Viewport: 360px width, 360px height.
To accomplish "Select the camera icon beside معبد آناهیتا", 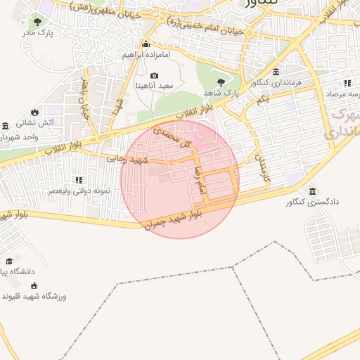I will (x=155, y=75).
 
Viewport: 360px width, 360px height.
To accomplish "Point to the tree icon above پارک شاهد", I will (x=221, y=82).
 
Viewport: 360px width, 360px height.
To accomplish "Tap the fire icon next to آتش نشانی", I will (x=33, y=112).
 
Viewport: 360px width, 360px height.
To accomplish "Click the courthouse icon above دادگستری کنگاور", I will (x=312, y=191).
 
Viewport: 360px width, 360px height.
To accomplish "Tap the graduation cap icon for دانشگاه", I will (x=9, y=261).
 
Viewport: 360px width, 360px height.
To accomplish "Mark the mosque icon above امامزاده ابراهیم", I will (x=146, y=44).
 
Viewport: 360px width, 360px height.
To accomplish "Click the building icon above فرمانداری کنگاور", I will (x=276, y=72).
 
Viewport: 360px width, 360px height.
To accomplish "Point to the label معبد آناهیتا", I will (x=155, y=85).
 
